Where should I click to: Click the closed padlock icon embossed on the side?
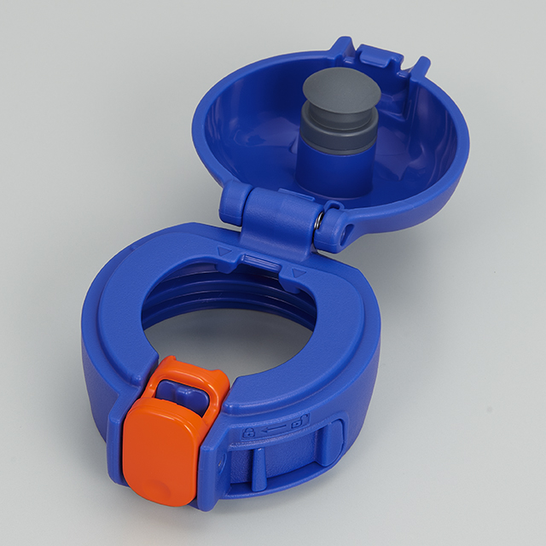pos(249,434)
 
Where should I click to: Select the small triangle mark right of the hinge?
pos(298,272)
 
